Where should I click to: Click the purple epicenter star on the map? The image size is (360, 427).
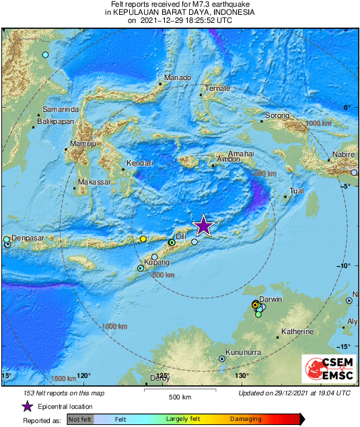click(x=203, y=226)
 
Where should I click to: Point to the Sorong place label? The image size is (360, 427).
click(x=277, y=116)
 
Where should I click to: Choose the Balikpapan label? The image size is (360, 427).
click(x=55, y=121)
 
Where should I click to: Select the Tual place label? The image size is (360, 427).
click(x=296, y=191)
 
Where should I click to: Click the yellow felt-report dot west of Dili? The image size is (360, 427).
click(x=143, y=238)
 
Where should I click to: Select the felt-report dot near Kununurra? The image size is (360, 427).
click(x=222, y=359)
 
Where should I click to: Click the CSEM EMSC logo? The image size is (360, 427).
click(x=328, y=370)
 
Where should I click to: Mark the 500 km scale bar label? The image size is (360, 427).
click(x=180, y=397)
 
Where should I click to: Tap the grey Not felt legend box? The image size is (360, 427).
click(x=80, y=419)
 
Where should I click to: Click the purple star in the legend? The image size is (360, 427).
click(x=28, y=406)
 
